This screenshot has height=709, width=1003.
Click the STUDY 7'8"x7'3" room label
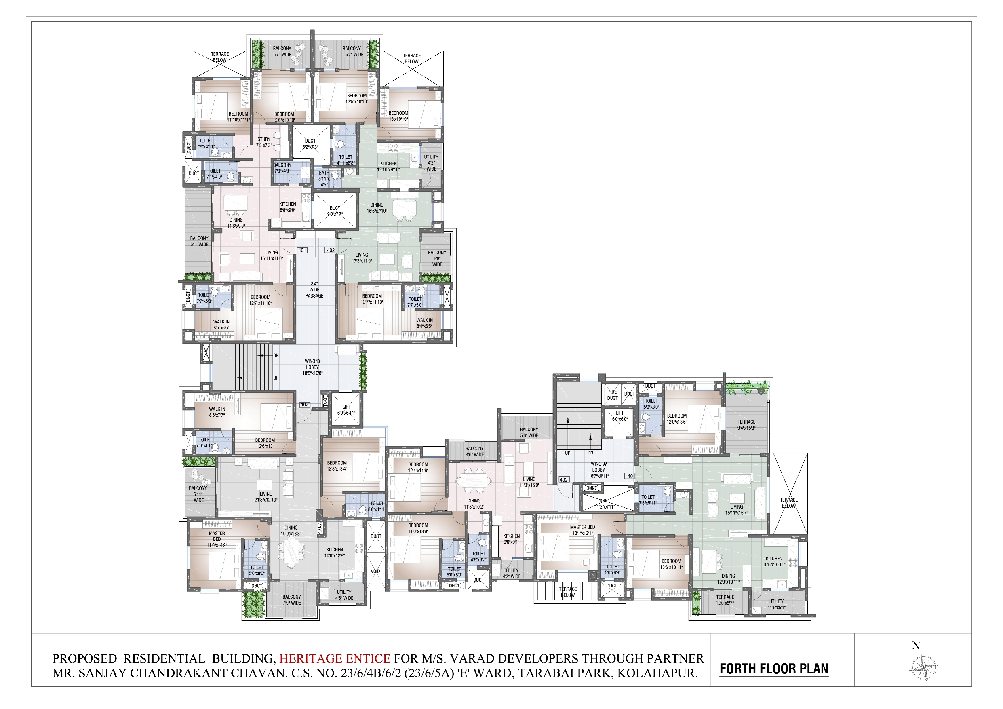pos(264,142)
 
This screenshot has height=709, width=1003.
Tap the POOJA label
pos(319,528)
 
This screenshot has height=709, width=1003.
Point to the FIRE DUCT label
pos(613,395)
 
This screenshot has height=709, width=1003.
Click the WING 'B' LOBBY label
pos(313,367)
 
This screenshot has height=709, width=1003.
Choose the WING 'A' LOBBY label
pos(598,470)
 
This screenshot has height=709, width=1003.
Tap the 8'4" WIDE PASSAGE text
pos(314,290)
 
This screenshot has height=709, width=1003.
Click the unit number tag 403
pos(304,405)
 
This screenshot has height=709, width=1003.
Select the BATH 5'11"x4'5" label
pos(324,179)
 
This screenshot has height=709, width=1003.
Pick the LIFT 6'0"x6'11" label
pos(346,410)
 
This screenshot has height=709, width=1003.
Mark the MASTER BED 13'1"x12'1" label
pos(582,530)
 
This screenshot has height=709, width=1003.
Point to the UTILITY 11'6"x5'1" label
pos(776,604)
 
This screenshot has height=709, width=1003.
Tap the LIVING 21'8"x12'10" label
pos(266,497)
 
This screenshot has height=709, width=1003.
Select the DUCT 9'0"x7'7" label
pos(335,211)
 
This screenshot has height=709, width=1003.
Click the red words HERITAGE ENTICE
pos(335,658)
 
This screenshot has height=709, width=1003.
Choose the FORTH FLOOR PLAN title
pos(773,669)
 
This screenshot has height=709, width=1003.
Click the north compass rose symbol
pos(924,667)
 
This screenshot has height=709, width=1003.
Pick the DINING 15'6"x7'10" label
pos(377,208)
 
